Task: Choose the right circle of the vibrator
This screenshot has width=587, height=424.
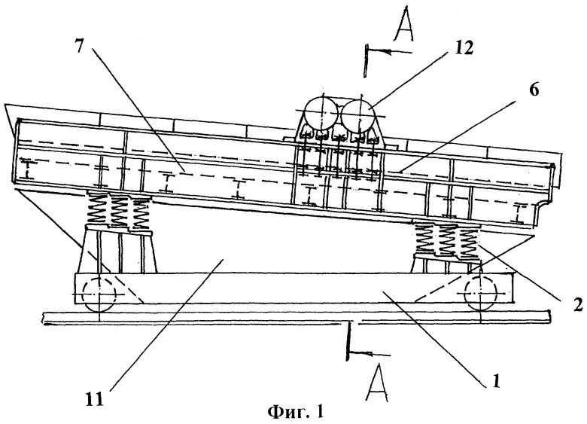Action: pos(357,115)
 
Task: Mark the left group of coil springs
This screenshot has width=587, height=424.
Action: pos(119,209)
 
